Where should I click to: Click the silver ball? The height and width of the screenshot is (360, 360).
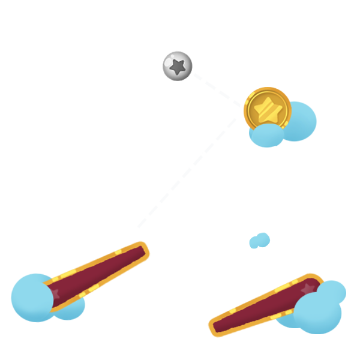coord(178,65)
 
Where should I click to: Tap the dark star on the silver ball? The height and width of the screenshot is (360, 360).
coord(178,66)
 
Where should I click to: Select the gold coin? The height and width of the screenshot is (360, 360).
coord(267,110)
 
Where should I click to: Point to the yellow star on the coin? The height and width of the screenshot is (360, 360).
coord(266,109)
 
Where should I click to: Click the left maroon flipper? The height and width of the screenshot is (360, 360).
coord(96,275)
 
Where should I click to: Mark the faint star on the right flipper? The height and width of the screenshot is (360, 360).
coord(308,289)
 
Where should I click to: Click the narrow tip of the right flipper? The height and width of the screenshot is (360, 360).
coord(215,328)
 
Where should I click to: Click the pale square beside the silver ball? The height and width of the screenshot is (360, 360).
coord(217,89)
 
